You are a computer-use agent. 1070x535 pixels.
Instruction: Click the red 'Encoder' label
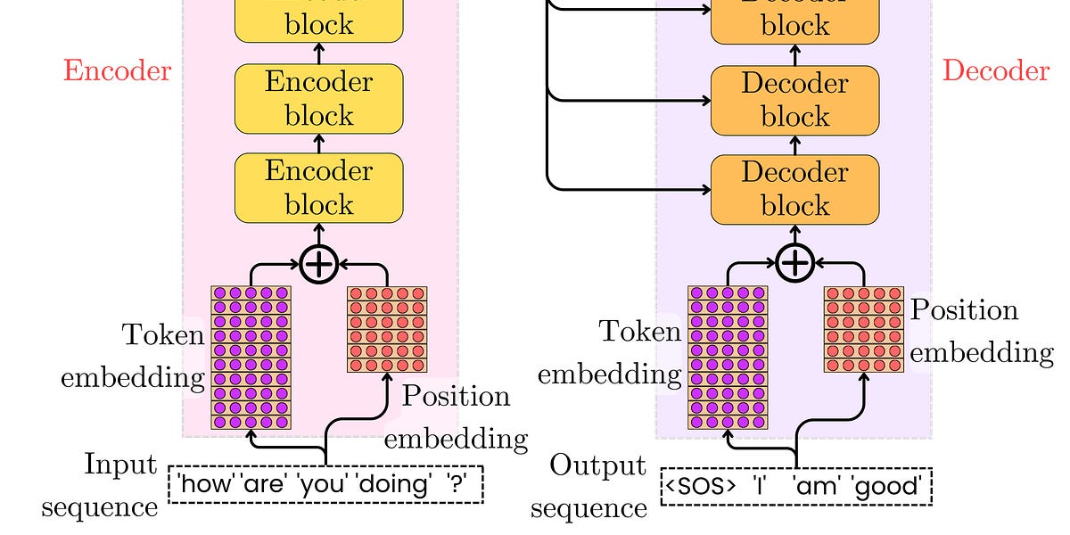(117, 71)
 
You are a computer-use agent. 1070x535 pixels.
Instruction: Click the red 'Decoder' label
(995, 71)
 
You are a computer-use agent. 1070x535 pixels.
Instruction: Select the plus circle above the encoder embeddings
(318, 265)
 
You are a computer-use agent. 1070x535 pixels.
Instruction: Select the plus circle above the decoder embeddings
(794, 264)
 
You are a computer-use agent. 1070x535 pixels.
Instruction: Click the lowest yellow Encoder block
(318, 188)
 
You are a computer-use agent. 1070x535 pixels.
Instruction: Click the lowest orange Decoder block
(794, 189)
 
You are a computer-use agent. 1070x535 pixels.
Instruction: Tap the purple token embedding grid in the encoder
(251, 357)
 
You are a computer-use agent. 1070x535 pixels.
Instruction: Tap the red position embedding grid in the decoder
(863, 329)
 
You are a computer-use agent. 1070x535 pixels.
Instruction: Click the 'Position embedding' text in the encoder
(456, 417)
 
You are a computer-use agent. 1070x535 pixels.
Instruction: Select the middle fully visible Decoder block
(794, 100)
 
